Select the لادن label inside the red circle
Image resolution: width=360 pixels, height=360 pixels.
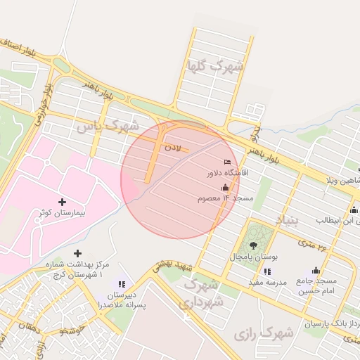173,148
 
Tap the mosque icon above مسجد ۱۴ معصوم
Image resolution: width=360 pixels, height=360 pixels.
225,188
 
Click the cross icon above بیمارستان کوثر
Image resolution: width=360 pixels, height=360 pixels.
64,202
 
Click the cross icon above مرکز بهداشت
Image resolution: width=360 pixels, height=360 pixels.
77,253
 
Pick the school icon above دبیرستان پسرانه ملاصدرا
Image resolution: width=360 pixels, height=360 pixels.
122,284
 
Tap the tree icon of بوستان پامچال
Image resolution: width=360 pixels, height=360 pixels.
253,245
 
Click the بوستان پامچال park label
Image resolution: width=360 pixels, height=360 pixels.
254,257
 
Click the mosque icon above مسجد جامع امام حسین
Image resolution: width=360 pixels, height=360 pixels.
316,270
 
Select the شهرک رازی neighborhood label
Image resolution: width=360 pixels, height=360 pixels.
265,333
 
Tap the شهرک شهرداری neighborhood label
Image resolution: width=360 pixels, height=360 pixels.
204,294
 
